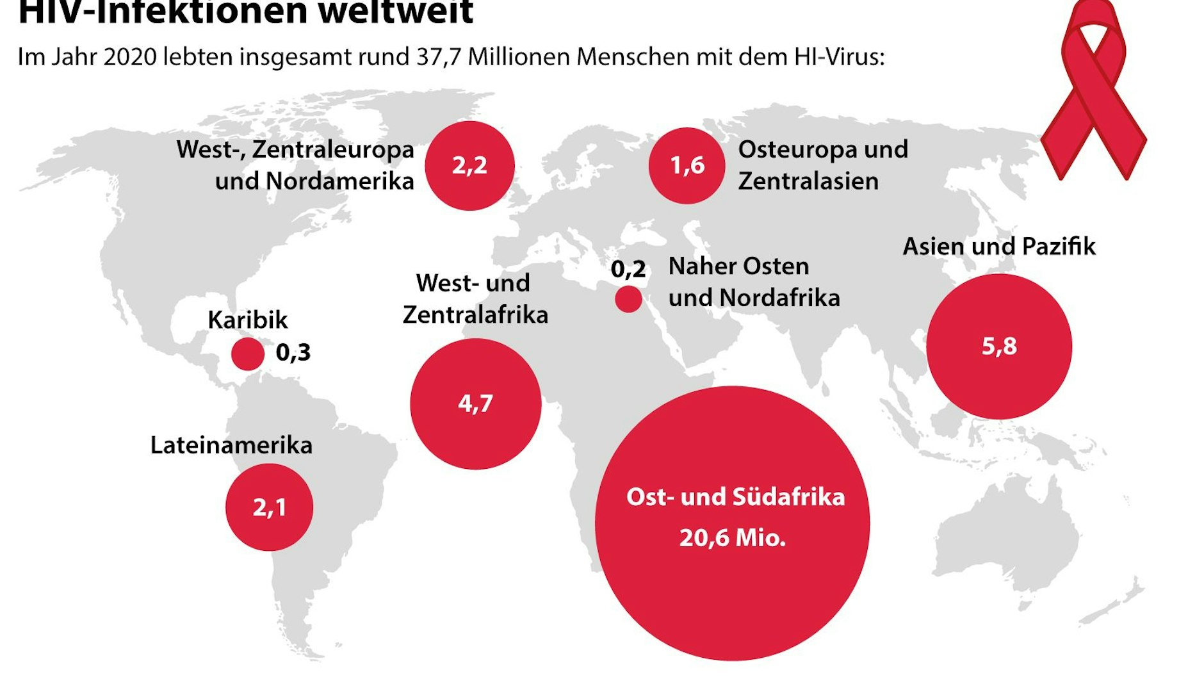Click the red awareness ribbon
pos(1094,90)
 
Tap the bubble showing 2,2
pos(469,165)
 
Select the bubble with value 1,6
pos(687,165)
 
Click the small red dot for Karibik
pos(247,354)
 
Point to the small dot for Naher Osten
pos(628,298)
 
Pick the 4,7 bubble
pos(475,404)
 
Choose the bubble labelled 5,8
pos(998,347)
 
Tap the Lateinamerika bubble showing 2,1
pos(269,507)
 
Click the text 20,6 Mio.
pos(733,537)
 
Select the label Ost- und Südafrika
pos(735,497)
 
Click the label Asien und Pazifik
pos(999,246)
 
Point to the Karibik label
pos(248,320)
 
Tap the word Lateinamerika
pos(231,445)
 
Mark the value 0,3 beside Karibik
pos(293,352)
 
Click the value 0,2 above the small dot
pos(628,269)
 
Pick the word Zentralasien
pos(808,181)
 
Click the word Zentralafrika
pos(475,314)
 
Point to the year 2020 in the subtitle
pos(130,57)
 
